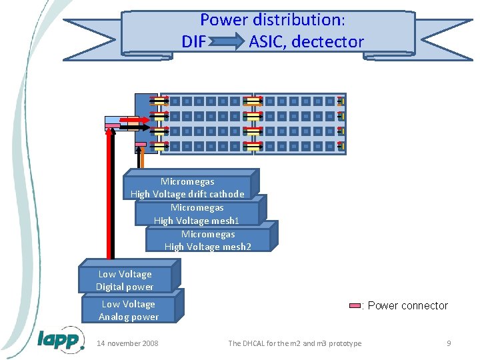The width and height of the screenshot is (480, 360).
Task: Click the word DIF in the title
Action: tap(194, 42)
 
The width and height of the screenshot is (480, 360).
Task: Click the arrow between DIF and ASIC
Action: tap(227, 43)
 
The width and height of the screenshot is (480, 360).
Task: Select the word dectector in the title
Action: tap(328, 42)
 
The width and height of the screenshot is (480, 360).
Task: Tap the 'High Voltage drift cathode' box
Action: tap(187, 187)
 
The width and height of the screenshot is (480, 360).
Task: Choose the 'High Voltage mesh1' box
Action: tap(197, 214)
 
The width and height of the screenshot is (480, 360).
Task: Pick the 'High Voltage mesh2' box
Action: tap(208, 240)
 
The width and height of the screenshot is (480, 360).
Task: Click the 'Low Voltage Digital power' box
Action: tap(125, 280)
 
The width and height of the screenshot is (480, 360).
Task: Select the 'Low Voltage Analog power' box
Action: tap(129, 310)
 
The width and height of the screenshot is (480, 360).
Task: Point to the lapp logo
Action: tap(61, 339)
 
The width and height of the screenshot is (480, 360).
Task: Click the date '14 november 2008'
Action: tap(128, 343)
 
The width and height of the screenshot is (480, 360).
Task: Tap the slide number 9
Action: tap(449, 343)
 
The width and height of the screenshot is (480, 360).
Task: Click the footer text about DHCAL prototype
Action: tap(295, 343)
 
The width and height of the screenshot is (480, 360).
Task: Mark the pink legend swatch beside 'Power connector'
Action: tap(355, 306)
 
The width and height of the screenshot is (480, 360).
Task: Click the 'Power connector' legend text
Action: tap(407, 306)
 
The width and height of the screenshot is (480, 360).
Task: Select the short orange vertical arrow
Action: tap(141, 158)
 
